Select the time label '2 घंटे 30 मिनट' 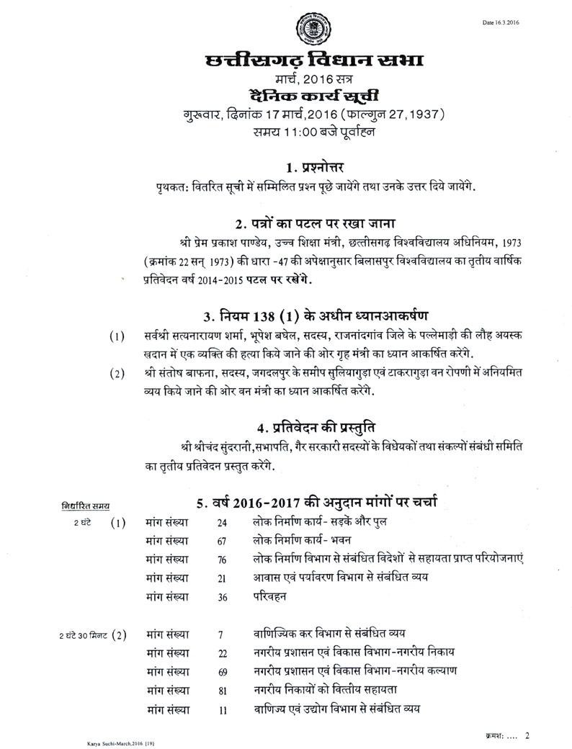[84, 635]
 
